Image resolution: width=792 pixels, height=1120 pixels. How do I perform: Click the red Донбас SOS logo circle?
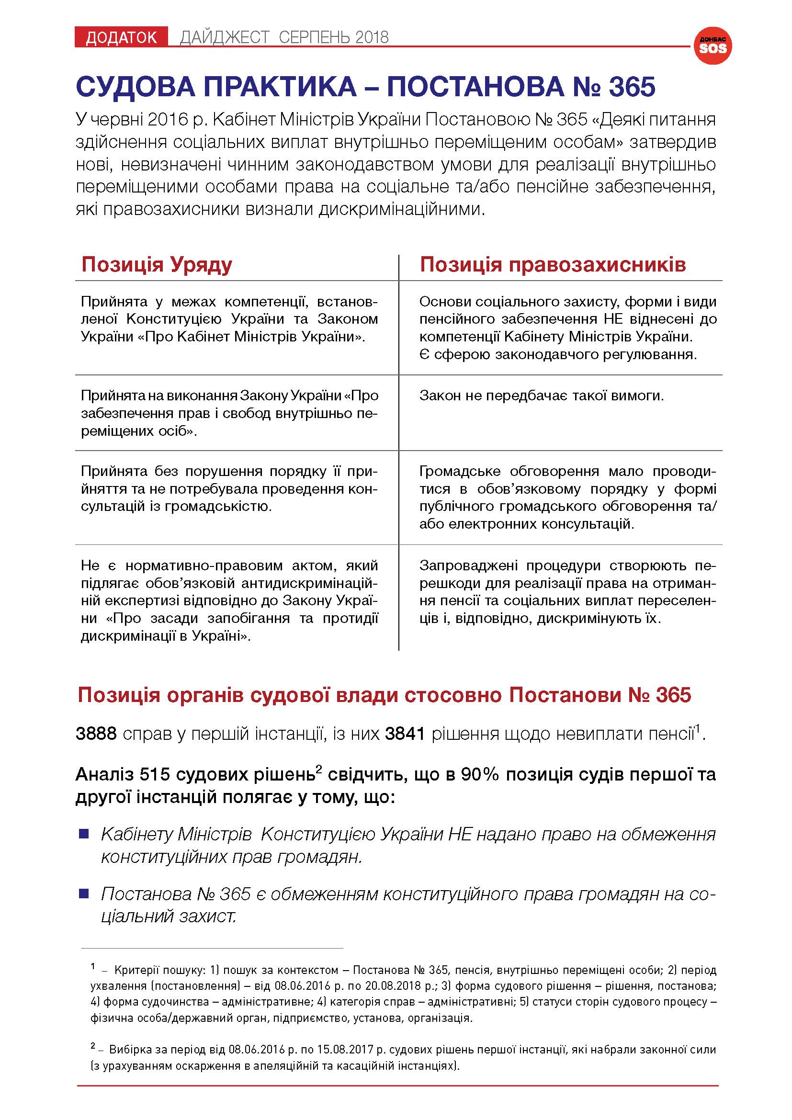[x=713, y=45]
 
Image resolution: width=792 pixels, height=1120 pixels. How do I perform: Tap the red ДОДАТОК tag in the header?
[x=121, y=37]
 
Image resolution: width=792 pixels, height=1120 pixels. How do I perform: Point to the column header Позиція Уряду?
[x=157, y=264]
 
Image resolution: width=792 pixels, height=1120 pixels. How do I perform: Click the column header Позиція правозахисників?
[x=553, y=264]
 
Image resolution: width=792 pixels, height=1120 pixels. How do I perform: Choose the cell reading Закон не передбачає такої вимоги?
[x=542, y=395]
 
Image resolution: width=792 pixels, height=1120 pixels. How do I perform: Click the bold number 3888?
[x=96, y=734]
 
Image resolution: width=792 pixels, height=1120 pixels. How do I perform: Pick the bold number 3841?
[x=405, y=734]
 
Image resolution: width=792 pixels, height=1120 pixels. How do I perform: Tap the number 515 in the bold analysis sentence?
[x=155, y=775]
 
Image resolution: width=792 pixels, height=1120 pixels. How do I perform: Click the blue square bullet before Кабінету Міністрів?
[x=84, y=834]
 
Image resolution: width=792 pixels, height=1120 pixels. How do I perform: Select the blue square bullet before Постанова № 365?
[x=84, y=894]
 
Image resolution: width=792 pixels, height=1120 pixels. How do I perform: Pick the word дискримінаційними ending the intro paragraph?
[x=401, y=210]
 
